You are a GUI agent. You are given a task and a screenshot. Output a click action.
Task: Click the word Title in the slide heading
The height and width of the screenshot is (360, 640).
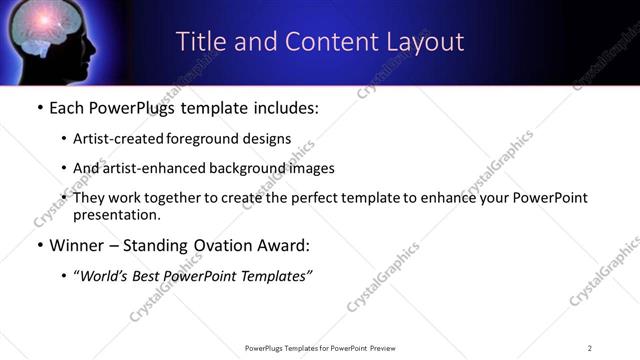[200, 42]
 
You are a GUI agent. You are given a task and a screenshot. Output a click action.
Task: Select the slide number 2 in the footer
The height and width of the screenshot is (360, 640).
[590, 347]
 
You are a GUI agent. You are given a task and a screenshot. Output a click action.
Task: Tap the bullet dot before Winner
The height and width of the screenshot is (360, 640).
[39, 245]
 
